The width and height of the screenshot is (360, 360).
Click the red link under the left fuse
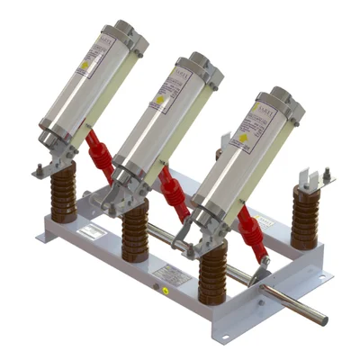point(101,153)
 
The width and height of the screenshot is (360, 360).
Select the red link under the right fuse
point(250,231)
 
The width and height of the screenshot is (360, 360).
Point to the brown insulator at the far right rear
point(305,217)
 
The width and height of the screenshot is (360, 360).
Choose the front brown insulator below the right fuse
point(213,274)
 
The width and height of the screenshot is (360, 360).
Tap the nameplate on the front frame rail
point(174,275)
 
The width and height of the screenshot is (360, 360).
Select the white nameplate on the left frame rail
point(90,232)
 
